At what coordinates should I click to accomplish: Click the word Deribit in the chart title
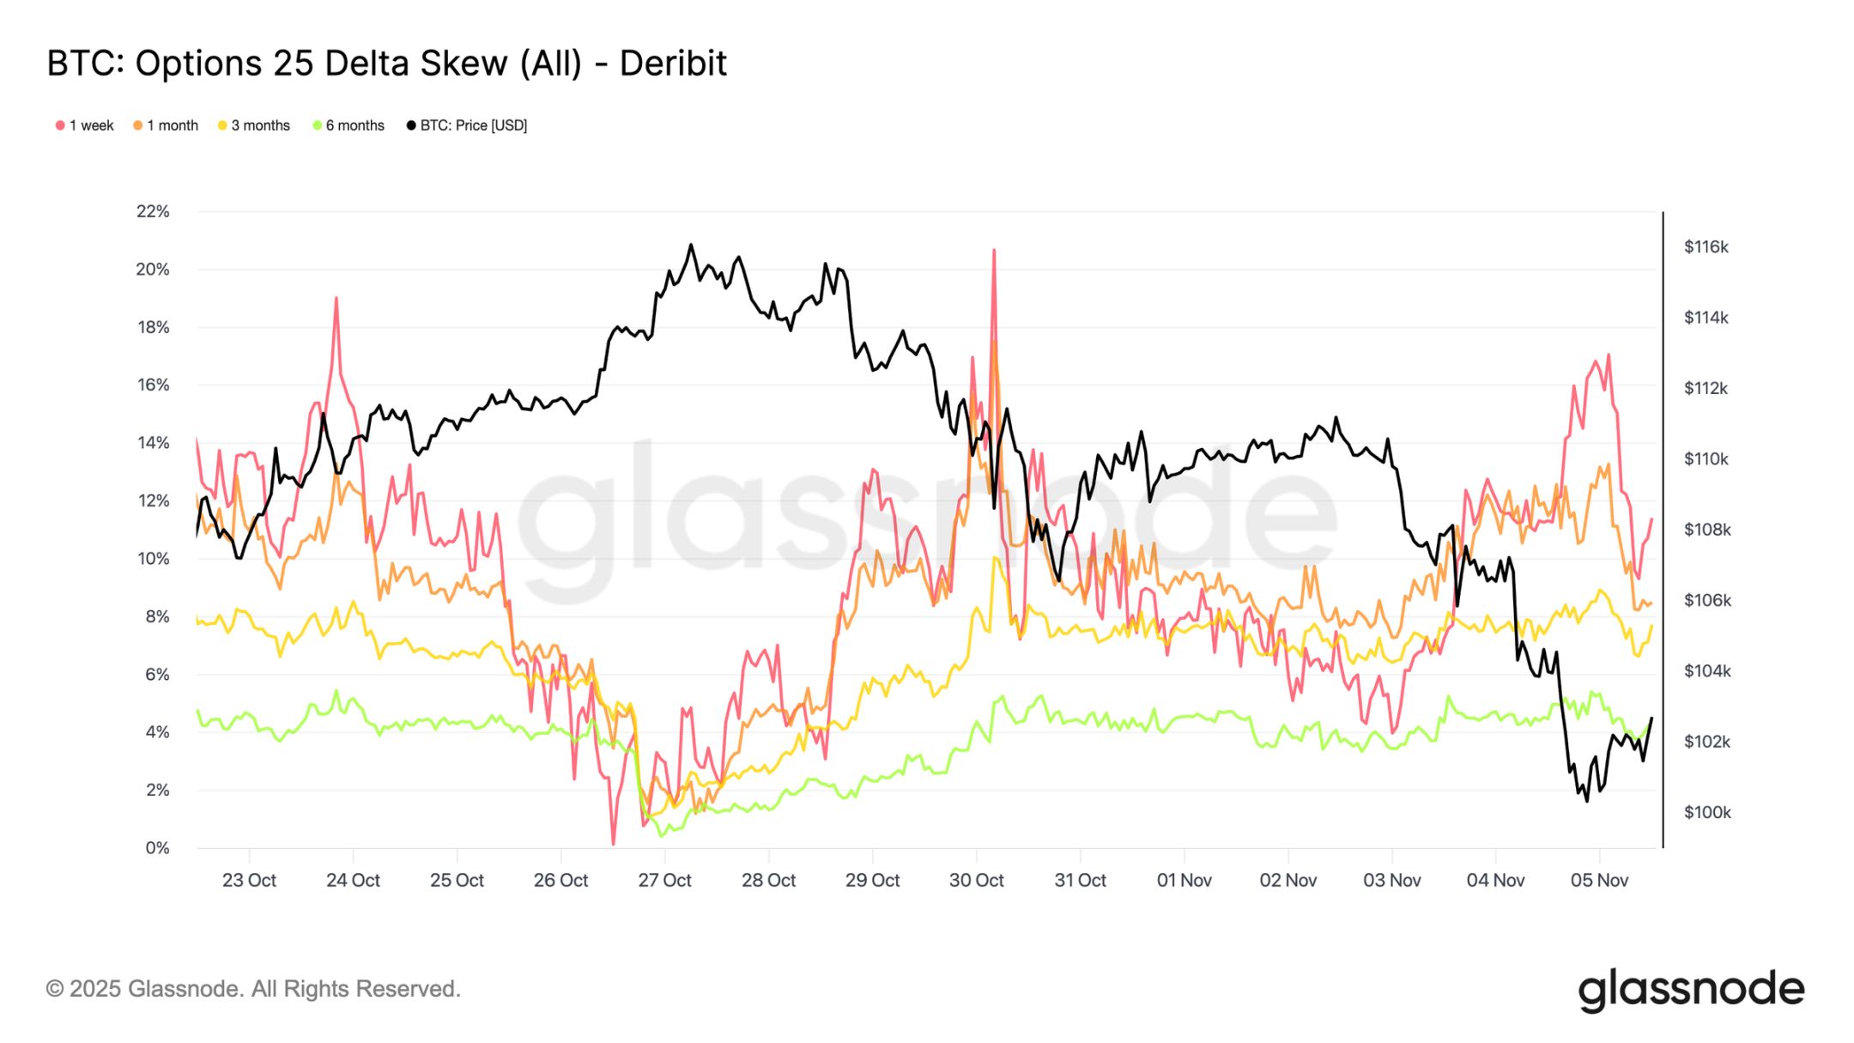[673, 64]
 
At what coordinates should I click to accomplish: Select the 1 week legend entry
[85, 125]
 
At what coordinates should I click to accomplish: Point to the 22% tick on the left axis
[153, 211]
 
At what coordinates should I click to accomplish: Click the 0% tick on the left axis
[157, 848]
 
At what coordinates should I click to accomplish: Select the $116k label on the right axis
[1706, 247]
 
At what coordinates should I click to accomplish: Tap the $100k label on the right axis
[1706, 812]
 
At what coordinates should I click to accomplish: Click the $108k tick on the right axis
[1706, 530]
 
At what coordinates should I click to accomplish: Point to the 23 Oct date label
[249, 880]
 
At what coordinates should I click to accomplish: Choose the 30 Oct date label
[976, 880]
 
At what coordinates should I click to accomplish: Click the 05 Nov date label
[1599, 880]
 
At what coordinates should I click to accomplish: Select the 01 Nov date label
[1184, 880]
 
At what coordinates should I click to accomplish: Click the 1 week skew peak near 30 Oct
[994, 250]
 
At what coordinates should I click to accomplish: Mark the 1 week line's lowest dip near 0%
[613, 844]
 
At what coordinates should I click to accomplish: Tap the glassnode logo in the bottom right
[1691, 990]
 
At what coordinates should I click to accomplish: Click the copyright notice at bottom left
[253, 989]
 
